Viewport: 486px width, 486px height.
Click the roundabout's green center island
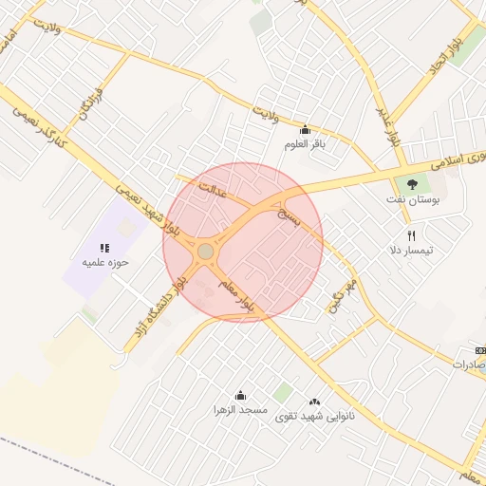(206, 251)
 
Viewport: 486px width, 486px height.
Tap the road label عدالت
(212, 195)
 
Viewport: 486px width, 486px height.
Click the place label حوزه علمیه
(104, 262)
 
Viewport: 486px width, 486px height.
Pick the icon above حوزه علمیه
(104, 248)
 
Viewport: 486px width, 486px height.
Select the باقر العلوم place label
(305, 144)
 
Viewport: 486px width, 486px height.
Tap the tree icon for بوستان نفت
(411, 183)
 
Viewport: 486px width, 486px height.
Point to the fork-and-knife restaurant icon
(411, 234)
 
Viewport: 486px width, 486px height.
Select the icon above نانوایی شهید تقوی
(314, 401)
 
